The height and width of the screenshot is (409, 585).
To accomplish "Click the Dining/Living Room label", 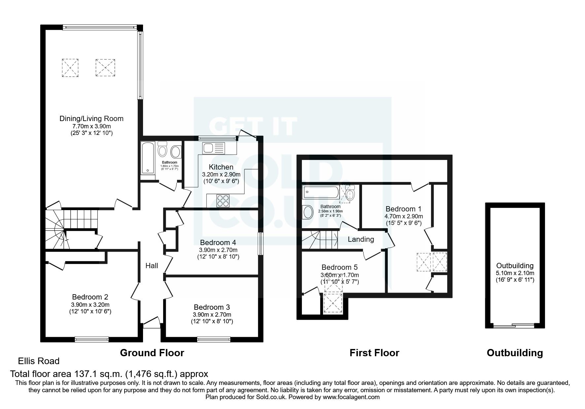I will tap(91, 118).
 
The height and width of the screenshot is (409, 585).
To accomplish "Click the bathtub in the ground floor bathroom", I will tap(147, 158).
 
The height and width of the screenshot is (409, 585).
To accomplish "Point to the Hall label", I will tap(152, 266).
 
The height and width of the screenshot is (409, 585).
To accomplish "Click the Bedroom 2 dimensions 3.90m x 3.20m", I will tap(90, 305).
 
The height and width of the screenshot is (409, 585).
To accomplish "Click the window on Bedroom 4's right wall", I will tap(260, 244).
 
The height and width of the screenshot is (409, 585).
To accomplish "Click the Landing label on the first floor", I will tap(361, 239).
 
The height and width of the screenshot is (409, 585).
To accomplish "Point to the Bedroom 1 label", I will tap(403, 209).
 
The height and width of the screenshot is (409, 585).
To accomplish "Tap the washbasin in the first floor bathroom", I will tap(308, 212).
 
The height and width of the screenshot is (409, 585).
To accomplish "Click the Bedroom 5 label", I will tap(340, 267).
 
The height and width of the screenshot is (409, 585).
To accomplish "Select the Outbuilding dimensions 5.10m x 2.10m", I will tap(515, 273).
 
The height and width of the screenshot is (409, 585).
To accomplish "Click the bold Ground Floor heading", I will tap(152, 353).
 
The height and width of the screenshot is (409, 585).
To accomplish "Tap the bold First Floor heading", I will tap(374, 353).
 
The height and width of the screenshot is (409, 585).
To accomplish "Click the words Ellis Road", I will tap(39, 361).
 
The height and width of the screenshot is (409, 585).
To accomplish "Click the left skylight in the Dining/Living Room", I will tap(70, 68).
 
